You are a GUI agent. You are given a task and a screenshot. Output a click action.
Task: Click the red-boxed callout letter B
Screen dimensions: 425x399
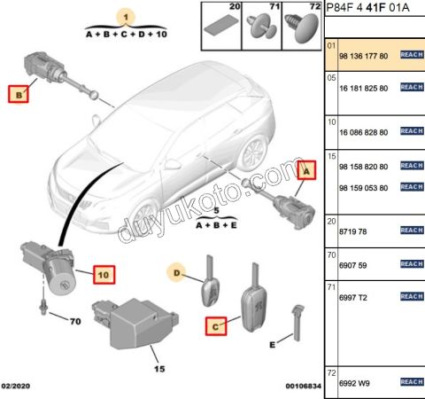coord(19,94)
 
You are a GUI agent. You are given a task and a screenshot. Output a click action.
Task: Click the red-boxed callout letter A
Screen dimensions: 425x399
coord(306,170)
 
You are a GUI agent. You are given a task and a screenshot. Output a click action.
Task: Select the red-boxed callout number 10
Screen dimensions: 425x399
coord(104,275)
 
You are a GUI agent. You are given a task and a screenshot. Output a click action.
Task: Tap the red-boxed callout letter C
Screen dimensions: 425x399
coord(216,326)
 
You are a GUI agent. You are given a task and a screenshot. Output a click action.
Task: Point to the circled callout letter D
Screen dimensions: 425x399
coord(176,272)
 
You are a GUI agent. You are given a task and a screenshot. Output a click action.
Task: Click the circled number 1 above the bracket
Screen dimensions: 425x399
coord(127,17)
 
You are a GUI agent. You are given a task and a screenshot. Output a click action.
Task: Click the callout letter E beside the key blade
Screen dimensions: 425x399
coord(272,345)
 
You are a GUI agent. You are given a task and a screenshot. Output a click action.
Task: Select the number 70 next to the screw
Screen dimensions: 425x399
coord(75,321)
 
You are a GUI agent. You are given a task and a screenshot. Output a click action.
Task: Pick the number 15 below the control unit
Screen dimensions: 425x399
coord(159,369)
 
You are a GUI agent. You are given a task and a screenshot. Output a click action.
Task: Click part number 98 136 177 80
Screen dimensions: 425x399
coord(364,56)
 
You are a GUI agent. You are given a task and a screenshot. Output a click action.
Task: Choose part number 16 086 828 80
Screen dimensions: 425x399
coord(364,132)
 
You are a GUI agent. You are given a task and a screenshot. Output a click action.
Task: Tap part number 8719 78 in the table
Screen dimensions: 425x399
coord(352,231)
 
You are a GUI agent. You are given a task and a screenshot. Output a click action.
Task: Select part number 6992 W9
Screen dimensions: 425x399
coord(354,383)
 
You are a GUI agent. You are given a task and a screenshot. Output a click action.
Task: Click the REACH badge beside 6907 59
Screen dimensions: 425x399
coord(412,264)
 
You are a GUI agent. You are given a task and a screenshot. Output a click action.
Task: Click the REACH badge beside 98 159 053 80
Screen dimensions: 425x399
coord(412,187)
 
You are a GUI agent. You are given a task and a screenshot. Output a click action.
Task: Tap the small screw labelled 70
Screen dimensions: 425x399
coord(43,308)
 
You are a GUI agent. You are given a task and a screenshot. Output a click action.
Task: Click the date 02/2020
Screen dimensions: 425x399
coord(16,386)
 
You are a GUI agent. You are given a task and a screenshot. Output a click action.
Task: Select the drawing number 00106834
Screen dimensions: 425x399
coord(303,386)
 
